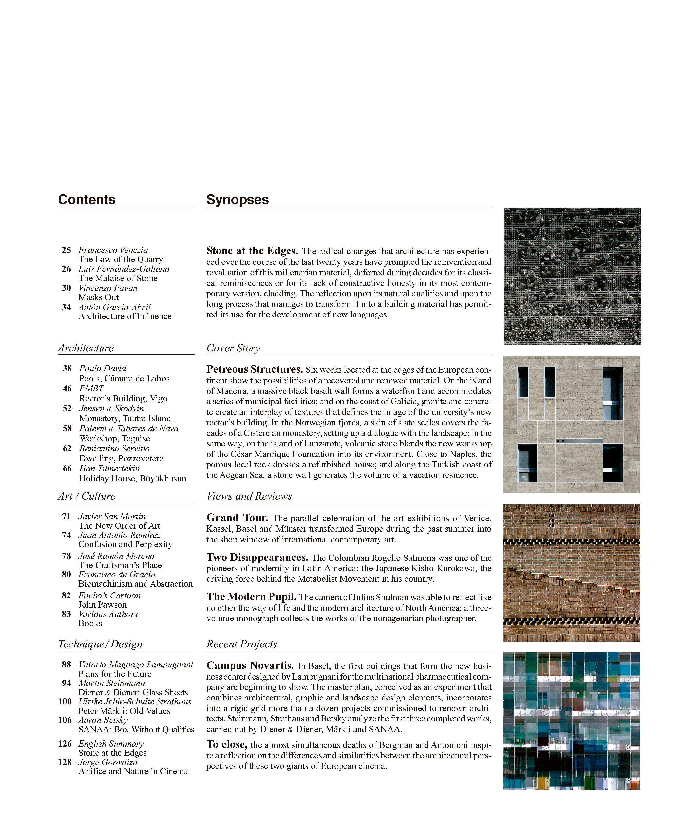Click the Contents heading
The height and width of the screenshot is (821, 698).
87,199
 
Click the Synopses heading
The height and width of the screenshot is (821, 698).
238,199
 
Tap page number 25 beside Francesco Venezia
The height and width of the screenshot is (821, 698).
67,250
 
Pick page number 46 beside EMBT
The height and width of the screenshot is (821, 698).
67,388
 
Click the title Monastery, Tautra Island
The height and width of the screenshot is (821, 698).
125,419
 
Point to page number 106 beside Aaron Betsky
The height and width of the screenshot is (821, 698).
65,720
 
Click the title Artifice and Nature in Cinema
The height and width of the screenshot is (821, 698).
133,771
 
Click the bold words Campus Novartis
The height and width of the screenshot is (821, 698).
250,665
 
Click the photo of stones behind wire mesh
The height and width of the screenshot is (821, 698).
572,276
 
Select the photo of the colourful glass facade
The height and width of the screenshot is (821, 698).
571,721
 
